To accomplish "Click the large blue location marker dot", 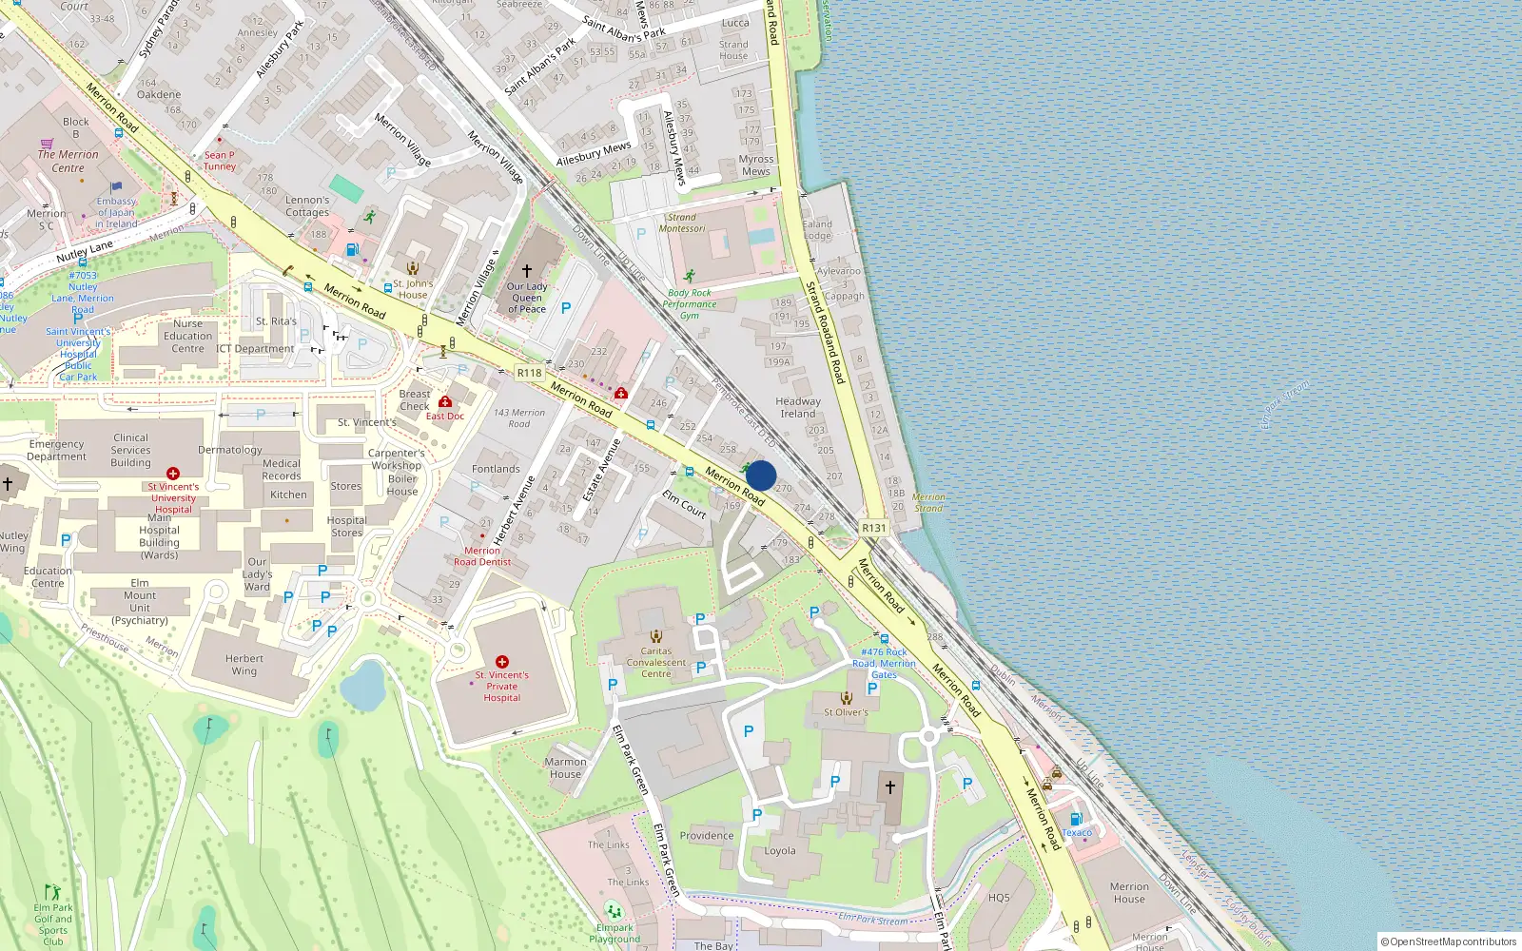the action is point(761,475).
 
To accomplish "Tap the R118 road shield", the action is point(529,373).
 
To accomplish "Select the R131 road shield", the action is point(873,528).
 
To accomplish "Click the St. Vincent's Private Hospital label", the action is point(502,686).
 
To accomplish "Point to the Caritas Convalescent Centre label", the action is point(655,662).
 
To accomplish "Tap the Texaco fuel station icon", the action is point(1076,819).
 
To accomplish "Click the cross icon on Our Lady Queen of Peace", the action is point(527,271).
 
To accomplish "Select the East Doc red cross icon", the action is point(445,401).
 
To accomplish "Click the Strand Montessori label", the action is point(682,223).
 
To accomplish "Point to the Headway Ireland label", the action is point(798,407).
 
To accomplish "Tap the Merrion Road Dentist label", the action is point(482,556).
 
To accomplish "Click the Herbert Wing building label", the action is point(244,664).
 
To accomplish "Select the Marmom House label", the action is point(565,767).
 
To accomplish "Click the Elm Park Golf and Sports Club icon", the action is point(53,892).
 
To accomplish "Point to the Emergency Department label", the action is point(57,450).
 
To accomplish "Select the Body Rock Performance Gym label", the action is point(690,304).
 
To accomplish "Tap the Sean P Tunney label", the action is point(220,161).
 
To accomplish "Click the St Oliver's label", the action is point(846,711).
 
